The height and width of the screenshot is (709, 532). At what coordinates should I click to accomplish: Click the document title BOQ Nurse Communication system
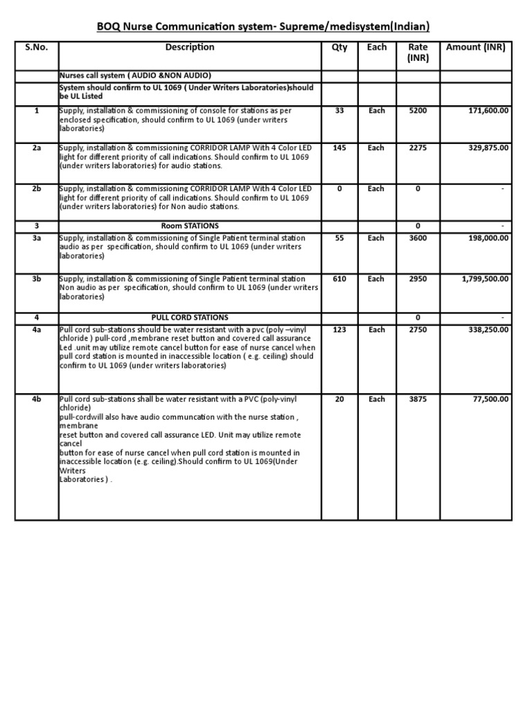pos(263,26)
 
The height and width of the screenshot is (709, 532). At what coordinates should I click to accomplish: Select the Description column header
pos(189,47)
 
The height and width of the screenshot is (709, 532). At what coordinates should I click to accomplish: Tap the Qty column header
pos(339,47)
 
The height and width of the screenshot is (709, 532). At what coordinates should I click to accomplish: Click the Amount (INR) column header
pos(476,47)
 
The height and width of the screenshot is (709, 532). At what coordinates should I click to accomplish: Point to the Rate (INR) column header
pos(418,52)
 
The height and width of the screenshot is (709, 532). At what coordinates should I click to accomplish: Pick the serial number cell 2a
pos(36,147)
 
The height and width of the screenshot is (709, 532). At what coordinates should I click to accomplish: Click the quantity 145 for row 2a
pos(339,147)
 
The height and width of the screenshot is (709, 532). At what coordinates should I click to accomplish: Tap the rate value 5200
pos(418,111)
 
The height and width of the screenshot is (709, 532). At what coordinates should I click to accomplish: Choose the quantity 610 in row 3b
pos(339,278)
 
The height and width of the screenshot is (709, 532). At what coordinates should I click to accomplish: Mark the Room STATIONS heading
pos(189,226)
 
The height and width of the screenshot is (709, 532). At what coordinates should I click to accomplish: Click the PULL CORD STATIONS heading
pos(189,317)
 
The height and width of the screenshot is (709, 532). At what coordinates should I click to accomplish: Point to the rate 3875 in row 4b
pos(418,399)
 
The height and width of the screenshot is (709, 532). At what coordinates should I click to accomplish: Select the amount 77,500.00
pos(489,399)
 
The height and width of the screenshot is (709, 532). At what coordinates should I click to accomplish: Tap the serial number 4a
pos(36,330)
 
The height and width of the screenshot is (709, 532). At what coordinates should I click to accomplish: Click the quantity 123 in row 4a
pos(339,330)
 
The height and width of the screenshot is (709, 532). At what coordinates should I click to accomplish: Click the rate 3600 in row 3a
pos(418,238)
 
